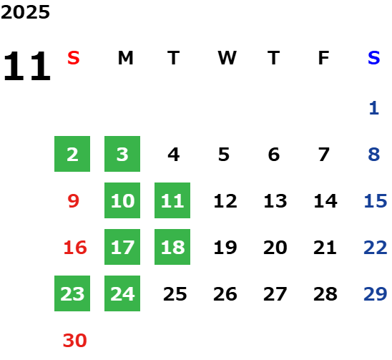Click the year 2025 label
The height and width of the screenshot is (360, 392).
coord(25,12)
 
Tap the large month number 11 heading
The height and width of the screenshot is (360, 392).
coord(27,66)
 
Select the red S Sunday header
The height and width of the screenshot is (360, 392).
coord(74,58)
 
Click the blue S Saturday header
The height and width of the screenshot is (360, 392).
coord(373,58)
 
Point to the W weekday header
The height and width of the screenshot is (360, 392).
coord(227,58)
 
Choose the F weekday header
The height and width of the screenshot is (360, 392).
coord(323,58)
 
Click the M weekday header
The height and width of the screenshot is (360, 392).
coord(125,58)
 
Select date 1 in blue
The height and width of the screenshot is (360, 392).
coord(373,108)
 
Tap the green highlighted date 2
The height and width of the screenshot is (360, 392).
coord(72,154)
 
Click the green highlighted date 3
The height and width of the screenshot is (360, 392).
coord(122,154)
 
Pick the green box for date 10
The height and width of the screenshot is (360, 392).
coord(122,200)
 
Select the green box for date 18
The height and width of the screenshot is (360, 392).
coord(172,247)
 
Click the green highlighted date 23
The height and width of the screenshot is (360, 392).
coord(72,293)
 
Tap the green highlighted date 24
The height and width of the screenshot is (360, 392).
coord(122,293)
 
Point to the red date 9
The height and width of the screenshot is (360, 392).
coord(74,200)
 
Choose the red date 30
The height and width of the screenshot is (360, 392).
coord(74,340)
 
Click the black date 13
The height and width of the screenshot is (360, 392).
coord(275,200)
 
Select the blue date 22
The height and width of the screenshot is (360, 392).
coord(376,247)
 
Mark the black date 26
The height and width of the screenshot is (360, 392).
coord(225,293)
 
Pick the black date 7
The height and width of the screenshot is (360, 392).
coord(323,154)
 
